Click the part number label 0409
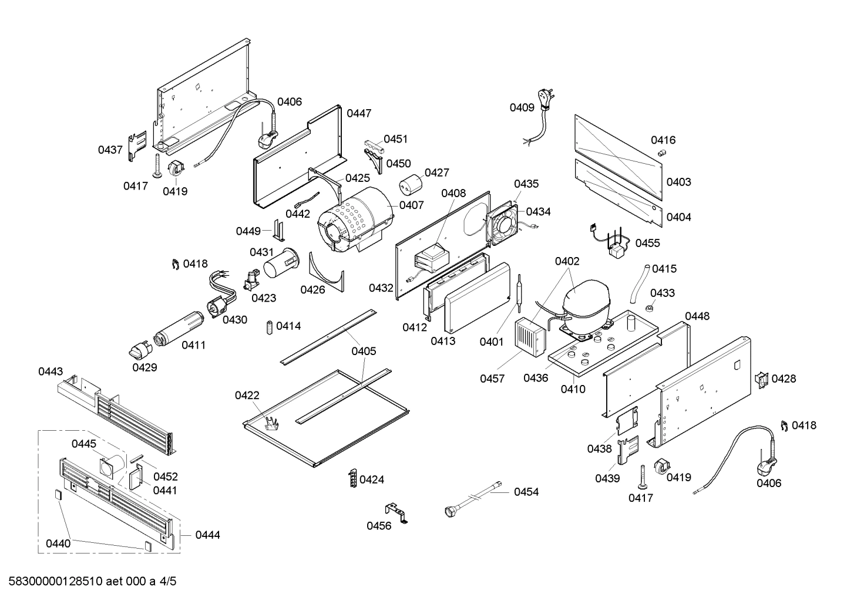point(522,107)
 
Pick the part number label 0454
point(526,492)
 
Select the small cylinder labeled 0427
point(411,184)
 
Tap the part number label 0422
point(247,396)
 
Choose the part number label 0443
point(51,371)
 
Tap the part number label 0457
point(492,379)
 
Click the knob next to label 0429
point(139,351)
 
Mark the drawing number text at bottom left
point(89,582)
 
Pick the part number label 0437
point(110,150)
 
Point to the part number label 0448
point(697,316)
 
